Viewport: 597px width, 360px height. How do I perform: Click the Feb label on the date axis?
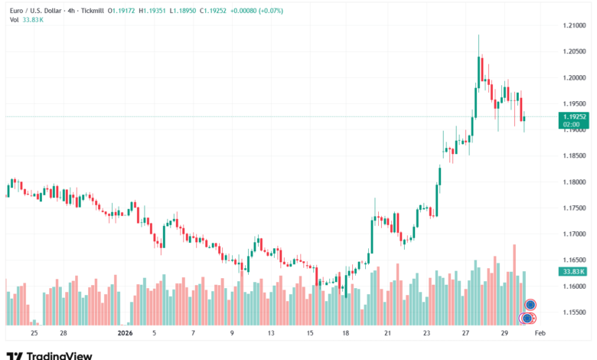(539, 334)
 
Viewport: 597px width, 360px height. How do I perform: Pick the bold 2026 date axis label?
(125, 334)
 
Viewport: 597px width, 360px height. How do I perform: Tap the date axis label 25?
(34, 334)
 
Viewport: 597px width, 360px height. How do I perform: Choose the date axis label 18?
(346, 334)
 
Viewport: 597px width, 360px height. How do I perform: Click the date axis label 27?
(465, 334)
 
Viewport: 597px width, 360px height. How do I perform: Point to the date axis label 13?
(270, 334)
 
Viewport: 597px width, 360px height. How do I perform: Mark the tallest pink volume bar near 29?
(514, 283)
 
